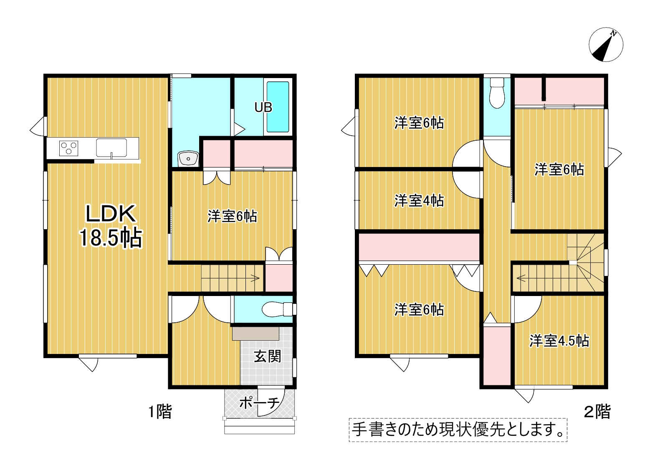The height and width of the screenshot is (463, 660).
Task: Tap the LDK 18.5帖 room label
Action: pyautogui.click(x=111, y=225)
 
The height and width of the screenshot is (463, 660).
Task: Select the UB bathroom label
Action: pyautogui.click(x=263, y=108)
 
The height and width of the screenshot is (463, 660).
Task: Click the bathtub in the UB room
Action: pyautogui.click(x=278, y=107)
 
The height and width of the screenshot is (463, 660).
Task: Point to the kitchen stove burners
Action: pyautogui.click(x=68, y=148)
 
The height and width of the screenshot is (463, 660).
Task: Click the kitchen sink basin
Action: pyautogui.click(x=111, y=148)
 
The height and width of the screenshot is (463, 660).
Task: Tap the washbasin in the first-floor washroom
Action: pyautogui.click(x=188, y=159)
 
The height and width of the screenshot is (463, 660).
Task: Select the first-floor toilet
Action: pyautogui.click(x=277, y=309)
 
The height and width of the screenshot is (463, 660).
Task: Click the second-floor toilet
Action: pyautogui.click(x=497, y=93)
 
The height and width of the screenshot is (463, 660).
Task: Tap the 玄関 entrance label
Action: pyautogui.click(x=268, y=357)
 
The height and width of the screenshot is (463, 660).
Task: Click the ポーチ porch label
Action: pyautogui.click(x=259, y=403)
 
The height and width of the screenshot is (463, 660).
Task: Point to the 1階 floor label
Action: pyautogui.click(x=160, y=412)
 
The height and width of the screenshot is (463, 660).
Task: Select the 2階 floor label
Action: pyautogui.click(x=597, y=412)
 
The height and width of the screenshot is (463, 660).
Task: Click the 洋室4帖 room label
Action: pyautogui.click(x=419, y=201)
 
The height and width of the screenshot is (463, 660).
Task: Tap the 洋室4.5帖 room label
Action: pyautogui.click(x=559, y=341)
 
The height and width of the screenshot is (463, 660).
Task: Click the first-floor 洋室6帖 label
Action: pyautogui.click(x=232, y=216)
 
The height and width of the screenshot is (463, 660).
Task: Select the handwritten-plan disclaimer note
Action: pyautogui.click(x=458, y=430)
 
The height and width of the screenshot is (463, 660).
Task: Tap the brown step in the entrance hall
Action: pyautogui.click(x=255, y=334)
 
